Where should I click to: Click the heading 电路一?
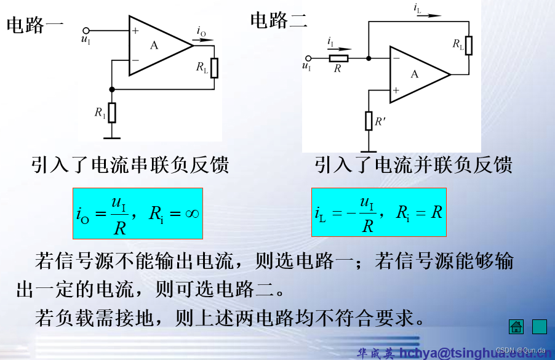click(x=35, y=25)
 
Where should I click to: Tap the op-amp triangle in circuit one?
click(x=156, y=46)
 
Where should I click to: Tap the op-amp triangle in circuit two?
click(x=416, y=74)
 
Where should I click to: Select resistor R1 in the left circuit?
click(x=112, y=113)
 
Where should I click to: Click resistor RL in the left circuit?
click(x=214, y=68)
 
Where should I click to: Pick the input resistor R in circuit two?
click(x=338, y=58)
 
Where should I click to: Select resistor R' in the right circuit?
click(x=369, y=121)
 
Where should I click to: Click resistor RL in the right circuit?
click(x=469, y=45)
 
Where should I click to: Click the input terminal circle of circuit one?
click(x=86, y=30)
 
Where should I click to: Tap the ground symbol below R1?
click(x=112, y=138)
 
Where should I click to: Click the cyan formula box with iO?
click(x=138, y=214)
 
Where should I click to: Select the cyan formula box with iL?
click(x=379, y=212)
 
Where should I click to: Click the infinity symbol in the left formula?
click(x=191, y=214)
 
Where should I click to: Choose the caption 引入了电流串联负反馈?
click(x=130, y=166)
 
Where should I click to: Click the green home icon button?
click(x=516, y=327)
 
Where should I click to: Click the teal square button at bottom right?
click(x=539, y=327)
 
